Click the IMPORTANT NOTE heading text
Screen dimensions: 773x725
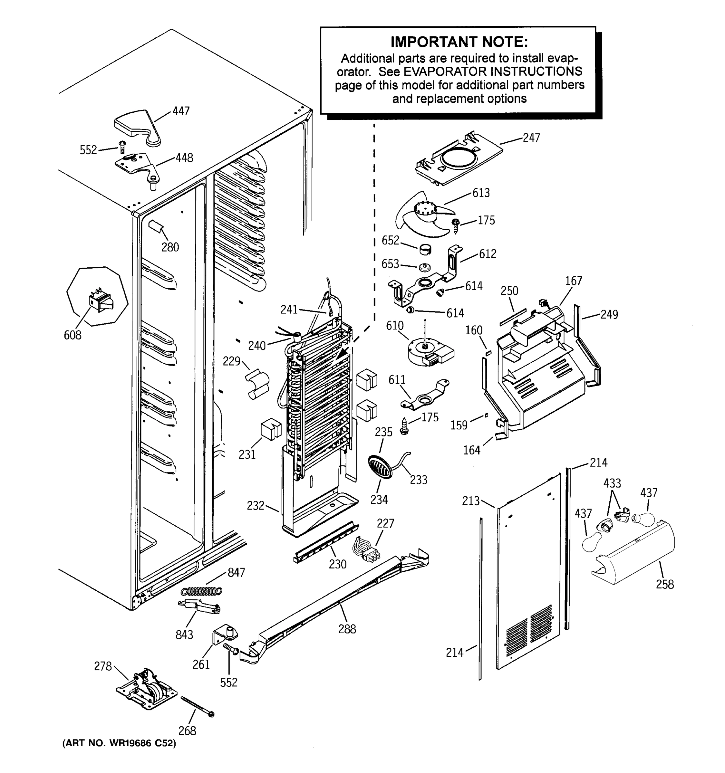click(459, 42)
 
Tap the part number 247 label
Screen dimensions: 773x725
click(531, 138)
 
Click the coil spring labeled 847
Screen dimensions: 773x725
click(201, 591)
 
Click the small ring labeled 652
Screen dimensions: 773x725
click(425, 249)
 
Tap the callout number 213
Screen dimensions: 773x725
click(471, 501)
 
